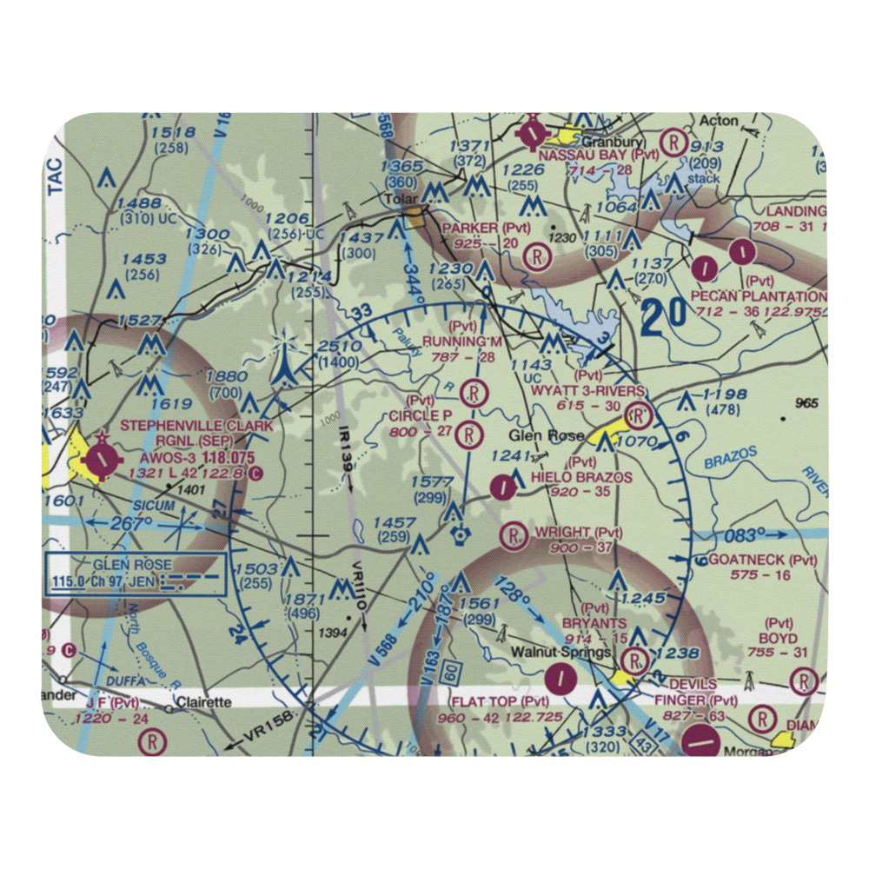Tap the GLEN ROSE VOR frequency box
(136, 574)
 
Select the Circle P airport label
(421, 415)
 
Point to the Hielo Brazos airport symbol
(502, 488)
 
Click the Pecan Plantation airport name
(758, 296)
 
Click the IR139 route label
(345, 451)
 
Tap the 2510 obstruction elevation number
(338, 347)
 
